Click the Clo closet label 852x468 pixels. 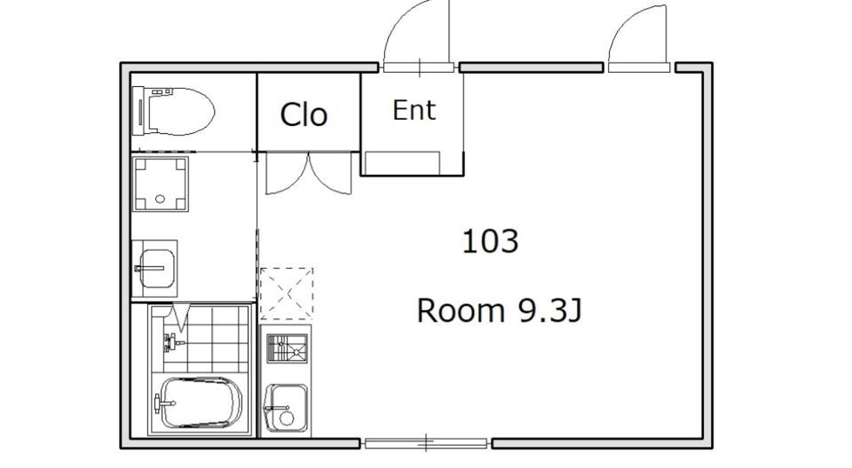[x=304, y=114]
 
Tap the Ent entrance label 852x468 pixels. [x=414, y=110]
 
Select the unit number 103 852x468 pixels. [x=490, y=242]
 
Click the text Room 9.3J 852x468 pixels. [x=500, y=311]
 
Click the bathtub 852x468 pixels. [x=200, y=402]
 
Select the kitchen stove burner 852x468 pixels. [x=287, y=348]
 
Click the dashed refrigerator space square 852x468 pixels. [x=287, y=293]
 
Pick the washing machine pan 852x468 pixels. [x=161, y=184]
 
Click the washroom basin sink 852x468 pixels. [x=157, y=269]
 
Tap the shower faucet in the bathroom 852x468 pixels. [x=172, y=342]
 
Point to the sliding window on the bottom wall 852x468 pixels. [x=427, y=443]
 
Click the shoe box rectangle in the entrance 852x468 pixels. [x=402, y=163]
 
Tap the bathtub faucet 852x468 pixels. [x=164, y=403]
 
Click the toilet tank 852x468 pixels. [x=140, y=112]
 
